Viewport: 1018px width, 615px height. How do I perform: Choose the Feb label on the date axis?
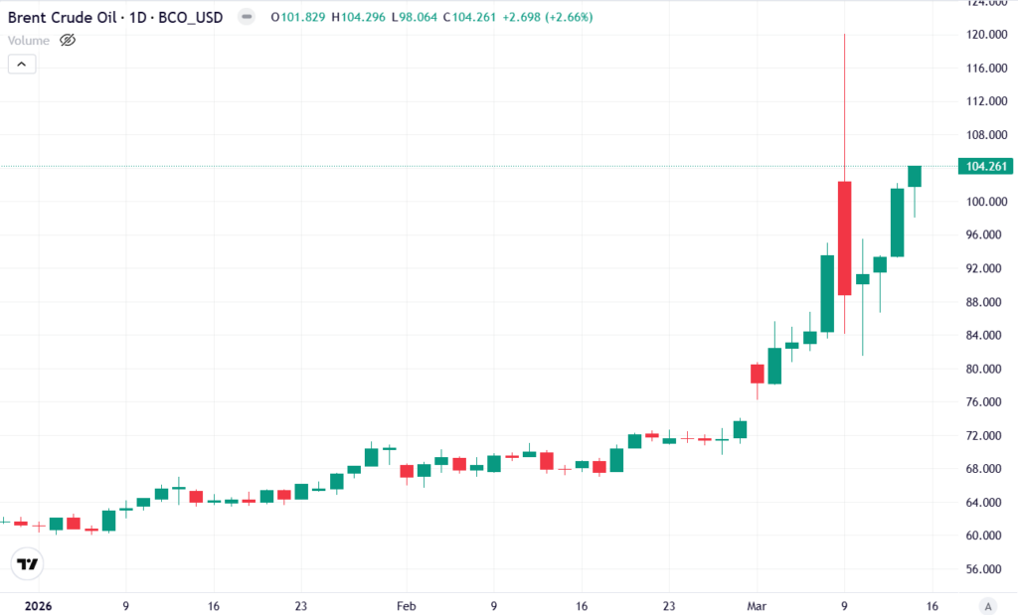pos(406,605)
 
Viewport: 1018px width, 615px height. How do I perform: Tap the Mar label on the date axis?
pos(757,605)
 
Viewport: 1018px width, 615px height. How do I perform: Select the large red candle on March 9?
pos(844,237)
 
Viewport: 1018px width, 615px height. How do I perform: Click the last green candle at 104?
pos(915,176)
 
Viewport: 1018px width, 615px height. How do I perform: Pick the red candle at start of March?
pos(757,374)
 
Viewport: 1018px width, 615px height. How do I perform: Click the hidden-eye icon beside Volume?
pos(68,41)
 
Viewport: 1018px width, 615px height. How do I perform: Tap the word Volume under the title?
pos(28,41)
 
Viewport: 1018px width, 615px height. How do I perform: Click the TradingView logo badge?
pos(30,564)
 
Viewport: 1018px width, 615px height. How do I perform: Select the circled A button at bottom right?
pos(987,605)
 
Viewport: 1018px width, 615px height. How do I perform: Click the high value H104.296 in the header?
pos(361,19)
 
